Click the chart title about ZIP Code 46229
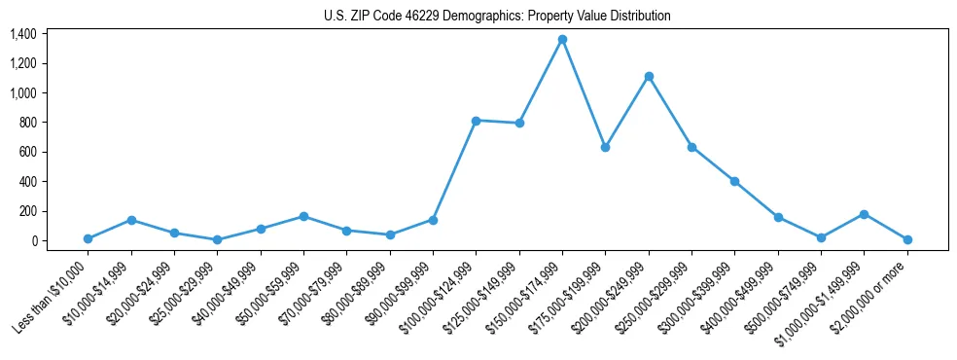[x=497, y=16]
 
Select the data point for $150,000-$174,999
[x=562, y=40]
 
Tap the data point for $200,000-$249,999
[x=649, y=76]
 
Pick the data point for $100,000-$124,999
[x=476, y=121]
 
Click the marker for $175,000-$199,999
[x=605, y=148]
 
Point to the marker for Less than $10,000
[x=88, y=238]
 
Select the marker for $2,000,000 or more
[x=907, y=239]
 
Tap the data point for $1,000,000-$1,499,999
[x=864, y=214]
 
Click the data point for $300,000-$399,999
[x=734, y=181]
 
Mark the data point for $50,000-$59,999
[x=303, y=216]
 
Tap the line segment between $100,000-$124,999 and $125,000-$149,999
[x=497, y=122]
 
